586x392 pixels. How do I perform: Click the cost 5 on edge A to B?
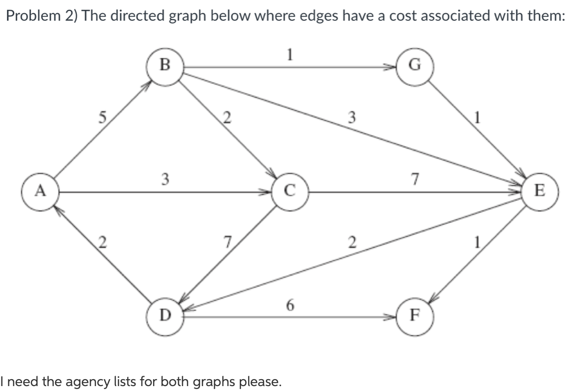click(x=101, y=118)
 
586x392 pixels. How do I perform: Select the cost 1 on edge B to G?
click(x=291, y=55)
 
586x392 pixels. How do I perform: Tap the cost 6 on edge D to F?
click(x=290, y=306)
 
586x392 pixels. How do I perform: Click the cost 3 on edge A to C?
click(x=166, y=179)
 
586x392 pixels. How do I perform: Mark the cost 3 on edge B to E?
click(x=352, y=117)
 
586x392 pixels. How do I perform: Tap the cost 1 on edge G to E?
click(x=477, y=118)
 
